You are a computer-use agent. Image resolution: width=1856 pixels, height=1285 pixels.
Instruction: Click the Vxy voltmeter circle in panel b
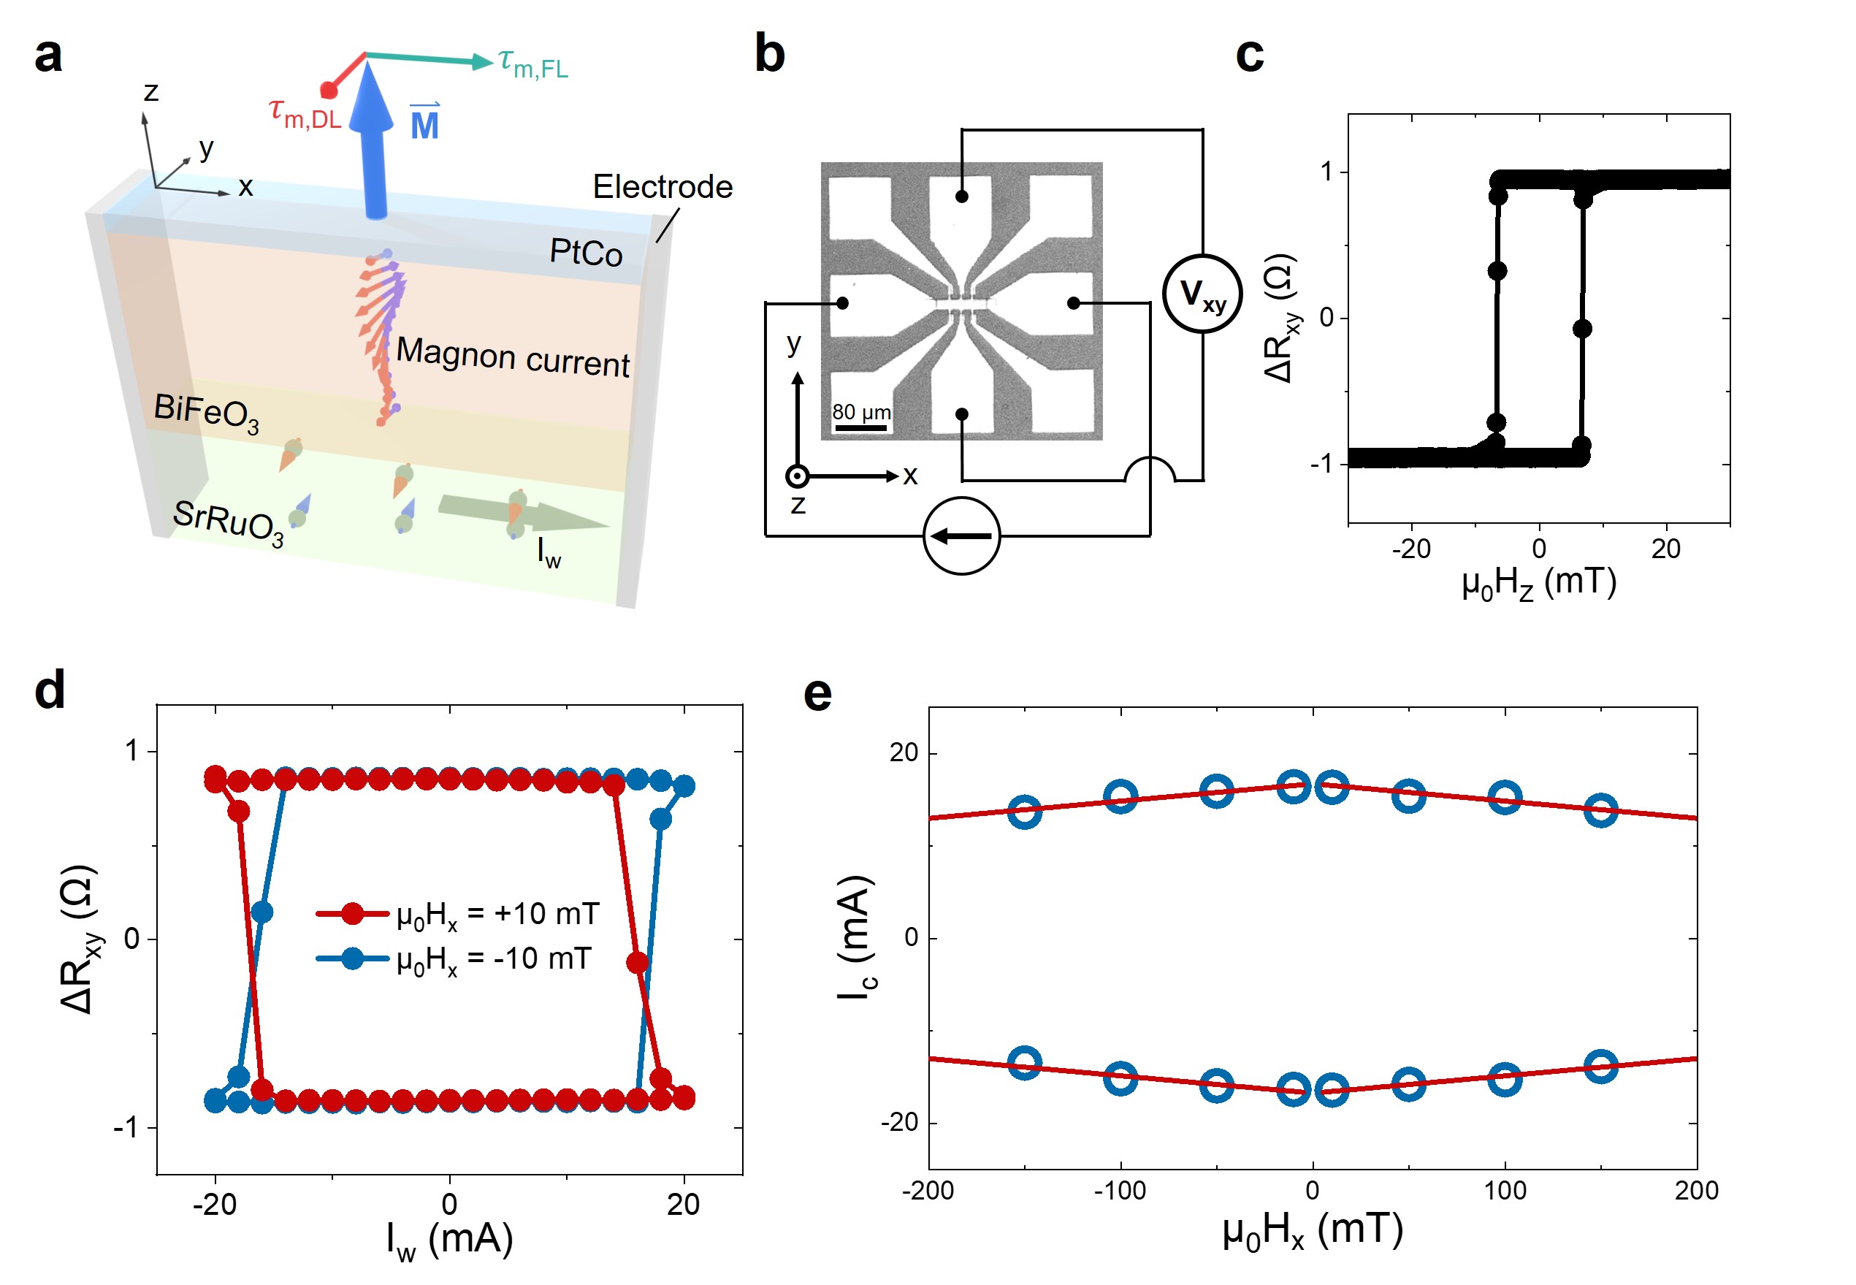point(1202,293)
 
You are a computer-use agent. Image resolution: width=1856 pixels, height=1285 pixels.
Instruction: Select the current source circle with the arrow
point(961,536)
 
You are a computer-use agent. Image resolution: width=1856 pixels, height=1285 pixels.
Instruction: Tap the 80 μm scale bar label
point(861,412)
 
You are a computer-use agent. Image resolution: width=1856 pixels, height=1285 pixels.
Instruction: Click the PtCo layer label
point(585,253)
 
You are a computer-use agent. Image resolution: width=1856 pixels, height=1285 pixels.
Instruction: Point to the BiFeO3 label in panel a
point(206,413)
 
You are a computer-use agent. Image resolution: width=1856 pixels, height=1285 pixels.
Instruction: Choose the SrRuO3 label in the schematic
point(229,522)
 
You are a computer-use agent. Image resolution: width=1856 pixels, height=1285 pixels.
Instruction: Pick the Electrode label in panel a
point(662,187)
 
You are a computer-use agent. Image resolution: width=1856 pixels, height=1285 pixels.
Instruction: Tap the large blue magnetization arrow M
point(375,145)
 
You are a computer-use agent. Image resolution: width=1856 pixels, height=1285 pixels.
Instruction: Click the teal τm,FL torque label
point(532,63)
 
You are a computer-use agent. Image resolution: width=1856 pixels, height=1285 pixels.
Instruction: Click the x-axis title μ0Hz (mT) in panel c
point(1538,583)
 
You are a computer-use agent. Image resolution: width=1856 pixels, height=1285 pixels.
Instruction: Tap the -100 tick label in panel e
point(1119,1190)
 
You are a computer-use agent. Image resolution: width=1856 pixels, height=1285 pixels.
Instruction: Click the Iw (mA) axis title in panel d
point(449,1240)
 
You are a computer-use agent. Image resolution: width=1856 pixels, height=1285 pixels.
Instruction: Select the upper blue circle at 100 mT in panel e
point(1504,797)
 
